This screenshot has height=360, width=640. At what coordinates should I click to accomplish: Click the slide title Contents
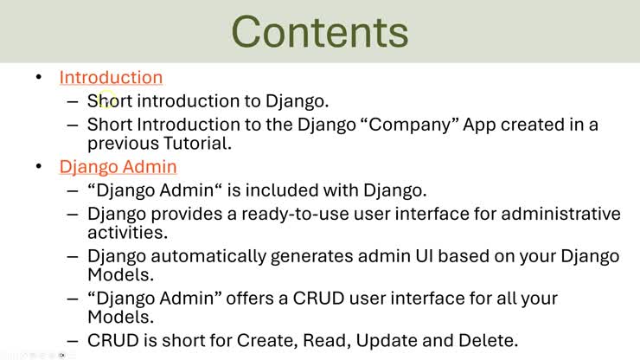click(x=320, y=32)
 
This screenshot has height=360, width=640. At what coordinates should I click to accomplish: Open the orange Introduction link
click(x=111, y=77)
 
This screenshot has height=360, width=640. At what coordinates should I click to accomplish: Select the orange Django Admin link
click(x=118, y=167)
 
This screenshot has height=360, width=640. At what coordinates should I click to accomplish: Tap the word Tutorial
click(x=197, y=143)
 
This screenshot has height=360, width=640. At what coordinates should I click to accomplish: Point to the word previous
click(x=123, y=144)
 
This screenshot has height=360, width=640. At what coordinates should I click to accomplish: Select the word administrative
click(x=560, y=214)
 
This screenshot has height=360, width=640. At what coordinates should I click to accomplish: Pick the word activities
click(x=127, y=233)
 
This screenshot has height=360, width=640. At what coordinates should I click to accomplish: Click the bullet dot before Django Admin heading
click(x=39, y=166)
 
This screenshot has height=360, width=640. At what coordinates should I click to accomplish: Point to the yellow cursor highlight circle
click(x=107, y=100)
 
